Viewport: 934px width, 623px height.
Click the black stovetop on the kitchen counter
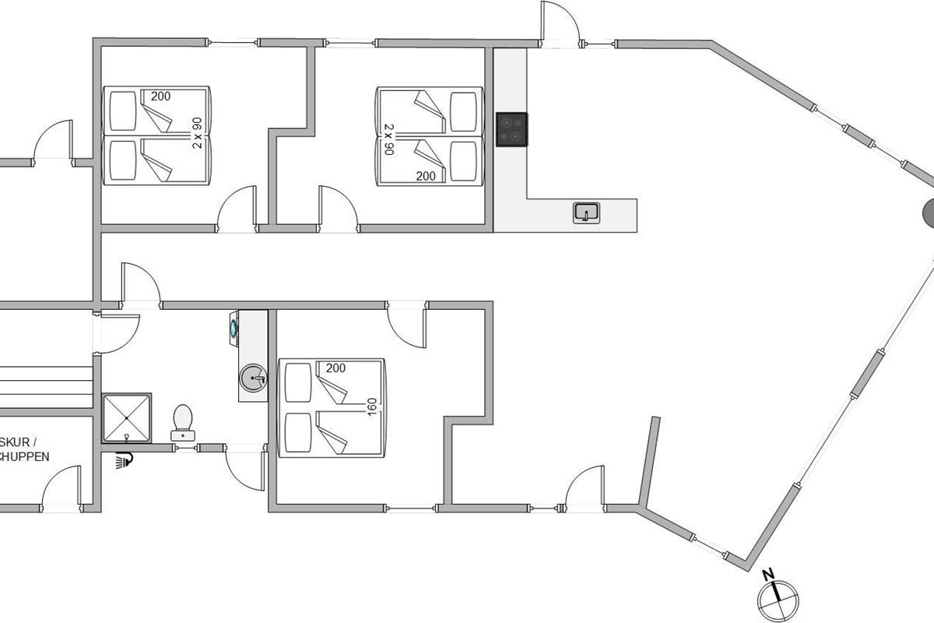click(511, 128)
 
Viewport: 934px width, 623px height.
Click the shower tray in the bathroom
click(126, 417)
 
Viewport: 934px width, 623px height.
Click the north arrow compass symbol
click(779, 599)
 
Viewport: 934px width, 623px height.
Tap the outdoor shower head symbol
click(123, 461)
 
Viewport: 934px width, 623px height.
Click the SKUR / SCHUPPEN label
click(24, 450)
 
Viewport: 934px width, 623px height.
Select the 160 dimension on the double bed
click(372, 407)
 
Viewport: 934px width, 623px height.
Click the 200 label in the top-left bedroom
click(160, 97)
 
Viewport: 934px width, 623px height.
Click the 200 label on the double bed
click(335, 368)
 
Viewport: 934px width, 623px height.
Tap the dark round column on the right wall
click(928, 213)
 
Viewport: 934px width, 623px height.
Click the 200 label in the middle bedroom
click(425, 176)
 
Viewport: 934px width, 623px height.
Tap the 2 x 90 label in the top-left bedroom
click(197, 132)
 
